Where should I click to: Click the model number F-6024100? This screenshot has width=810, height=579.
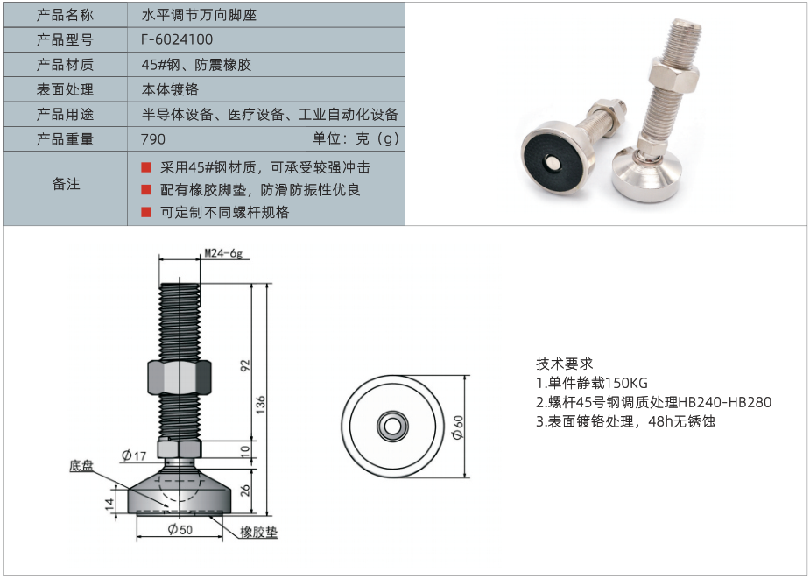(x=177, y=39)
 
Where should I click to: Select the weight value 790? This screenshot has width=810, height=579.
(x=153, y=139)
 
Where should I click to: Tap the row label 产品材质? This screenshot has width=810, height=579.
(x=65, y=65)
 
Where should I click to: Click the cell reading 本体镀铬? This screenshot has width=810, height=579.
(x=170, y=89)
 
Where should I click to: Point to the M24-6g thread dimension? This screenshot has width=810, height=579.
(x=223, y=253)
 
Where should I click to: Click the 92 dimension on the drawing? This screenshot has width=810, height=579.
(x=245, y=364)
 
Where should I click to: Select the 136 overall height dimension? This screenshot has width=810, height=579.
(x=261, y=404)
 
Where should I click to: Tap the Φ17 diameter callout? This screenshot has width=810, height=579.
(x=134, y=455)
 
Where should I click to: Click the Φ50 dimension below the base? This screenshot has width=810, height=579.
(x=180, y=529)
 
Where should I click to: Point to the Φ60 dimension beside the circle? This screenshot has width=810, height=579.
(x=458, y=427)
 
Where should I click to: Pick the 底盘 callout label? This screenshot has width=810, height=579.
(x=81, y=466)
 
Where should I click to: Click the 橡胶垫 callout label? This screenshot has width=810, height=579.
(x=259, y=532)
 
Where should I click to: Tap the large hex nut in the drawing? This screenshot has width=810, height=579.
(x=180, y=378)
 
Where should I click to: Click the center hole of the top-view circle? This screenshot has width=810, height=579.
(x=392, y=427)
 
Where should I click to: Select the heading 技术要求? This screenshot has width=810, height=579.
(x=564, y=364)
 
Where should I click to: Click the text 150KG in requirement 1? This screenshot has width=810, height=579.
(x=625, y=383)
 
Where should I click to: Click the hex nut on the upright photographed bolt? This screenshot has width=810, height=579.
(x=674, y=76)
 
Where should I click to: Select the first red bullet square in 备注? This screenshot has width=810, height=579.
(x=146, y=167)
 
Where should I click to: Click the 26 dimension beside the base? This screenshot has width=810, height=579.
(x=245, y=490)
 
